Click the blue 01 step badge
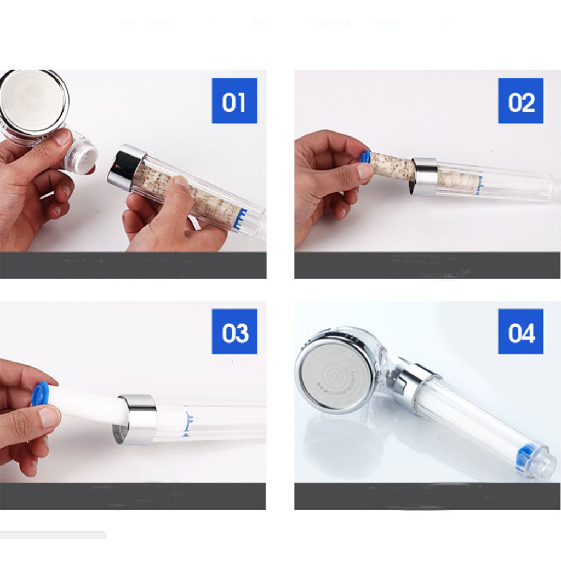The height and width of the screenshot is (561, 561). pos(234,101)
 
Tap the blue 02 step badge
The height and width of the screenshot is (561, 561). pos(520,101)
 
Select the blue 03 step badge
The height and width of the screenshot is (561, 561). pos(234,331)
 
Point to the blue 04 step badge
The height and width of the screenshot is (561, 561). pos(520,331)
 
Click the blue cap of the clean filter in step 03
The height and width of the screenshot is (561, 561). pos(40,393)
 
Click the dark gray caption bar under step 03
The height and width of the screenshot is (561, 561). pos(133,496)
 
